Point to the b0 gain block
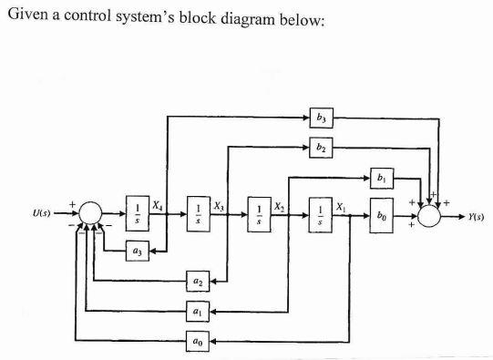pos(381,217)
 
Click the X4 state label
pos(159,206)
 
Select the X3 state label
pos(220,206)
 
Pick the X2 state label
pos(281,206)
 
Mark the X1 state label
pos(341,206)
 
